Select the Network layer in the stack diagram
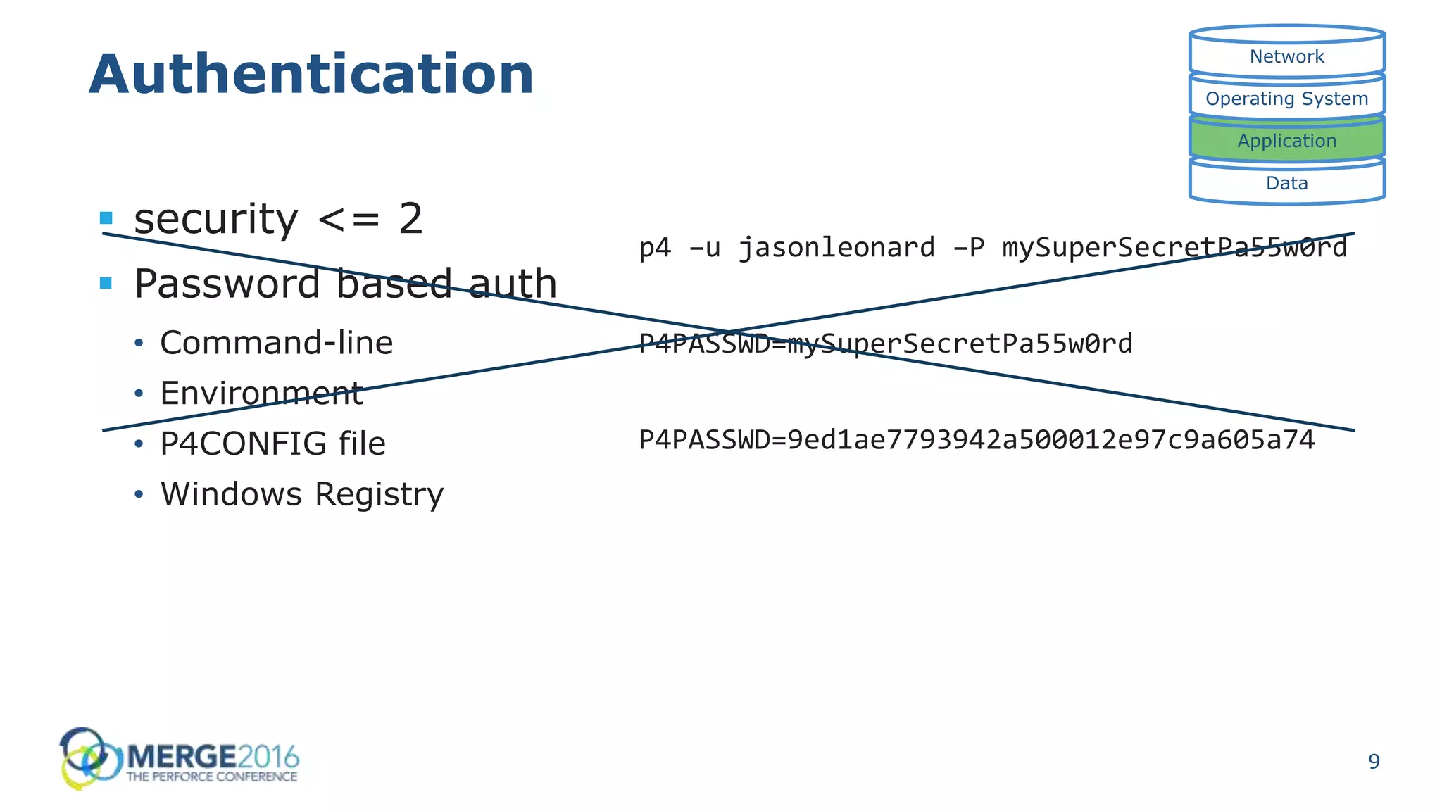click(x=1286, y=56)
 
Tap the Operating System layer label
click(x=1286, y=99)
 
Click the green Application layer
click(x=1286, y=141)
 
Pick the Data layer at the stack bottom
click(x=1286, y=183)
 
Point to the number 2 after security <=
click(x=410, y=219)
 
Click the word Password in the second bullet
click(x=227, y=284)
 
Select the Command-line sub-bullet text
click(x=276, y=343)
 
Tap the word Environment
click(x=261, y=394)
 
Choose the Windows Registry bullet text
click(x=302, y=494)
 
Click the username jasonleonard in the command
click(x=836, y=248)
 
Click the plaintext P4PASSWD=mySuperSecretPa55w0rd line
click(x=885, y=344)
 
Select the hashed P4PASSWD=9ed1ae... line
click(x=977, y=440)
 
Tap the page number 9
click(x=1374, y=762)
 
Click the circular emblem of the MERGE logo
click(x=86, y=757)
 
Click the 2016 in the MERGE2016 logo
click(x=268, y=757)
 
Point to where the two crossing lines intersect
click(x=729, y=332)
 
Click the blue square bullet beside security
click(x=106, y=218)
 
